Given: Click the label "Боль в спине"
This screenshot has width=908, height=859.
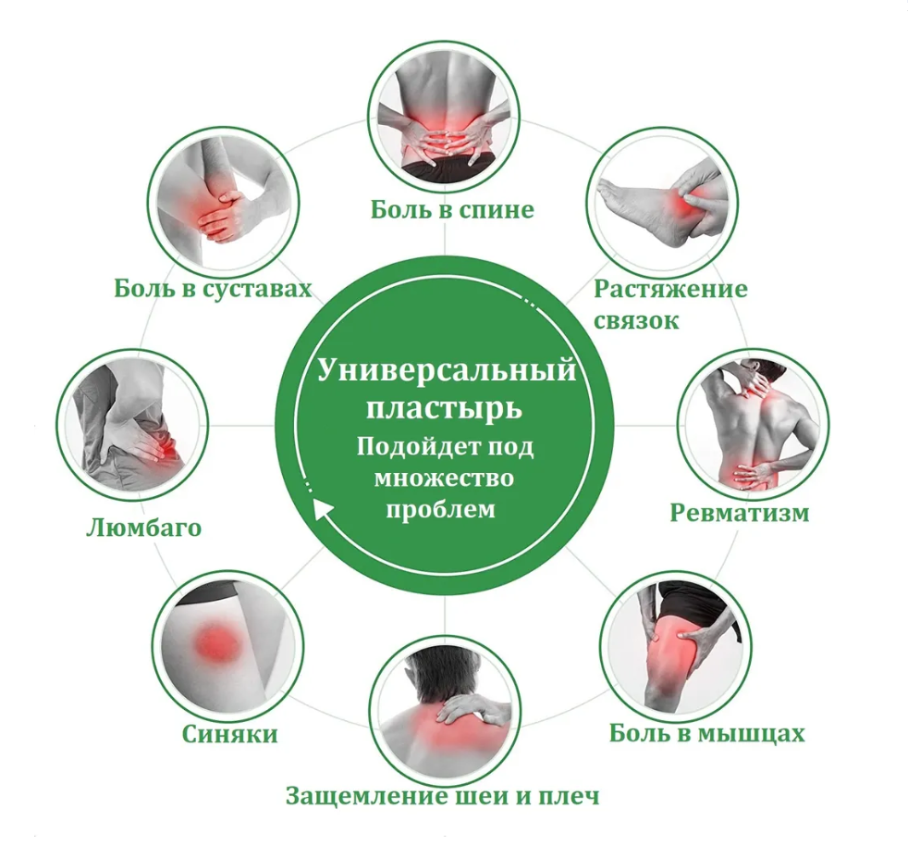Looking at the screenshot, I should (452, 210).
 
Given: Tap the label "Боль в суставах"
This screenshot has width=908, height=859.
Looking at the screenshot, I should (213, 289).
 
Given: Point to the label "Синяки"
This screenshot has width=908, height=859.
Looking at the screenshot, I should (229, 734).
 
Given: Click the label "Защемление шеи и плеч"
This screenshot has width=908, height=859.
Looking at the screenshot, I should (442, 795).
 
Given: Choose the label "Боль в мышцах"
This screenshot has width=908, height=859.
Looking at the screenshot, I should (706, 734).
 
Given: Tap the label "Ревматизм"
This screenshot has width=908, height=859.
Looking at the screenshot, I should (739, 513).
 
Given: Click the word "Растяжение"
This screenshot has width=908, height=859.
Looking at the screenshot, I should (670, 288).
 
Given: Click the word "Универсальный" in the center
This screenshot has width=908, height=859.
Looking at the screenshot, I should (447, 371).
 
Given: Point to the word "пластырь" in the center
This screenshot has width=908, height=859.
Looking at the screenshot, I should (446, 407).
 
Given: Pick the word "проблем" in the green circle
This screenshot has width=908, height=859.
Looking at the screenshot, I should (441, 509).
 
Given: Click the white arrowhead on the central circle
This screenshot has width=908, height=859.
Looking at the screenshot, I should (321, 509).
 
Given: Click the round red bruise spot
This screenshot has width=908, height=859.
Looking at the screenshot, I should (215, 640).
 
